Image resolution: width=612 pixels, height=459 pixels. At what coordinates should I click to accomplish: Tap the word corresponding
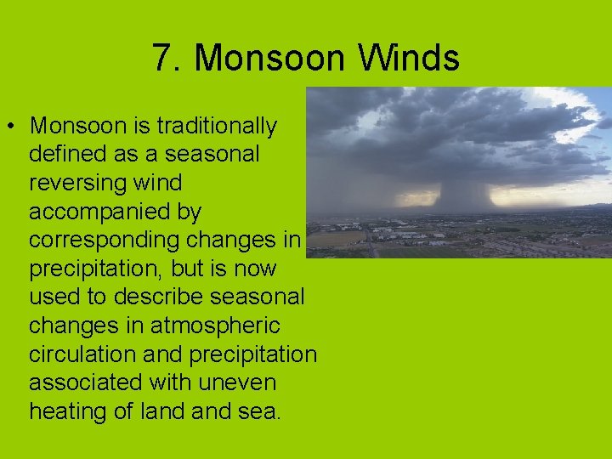coord(105,241)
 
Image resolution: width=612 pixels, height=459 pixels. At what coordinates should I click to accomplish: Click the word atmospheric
coord(214,326)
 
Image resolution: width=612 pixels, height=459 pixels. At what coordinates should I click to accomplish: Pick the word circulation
coord(83,354)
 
